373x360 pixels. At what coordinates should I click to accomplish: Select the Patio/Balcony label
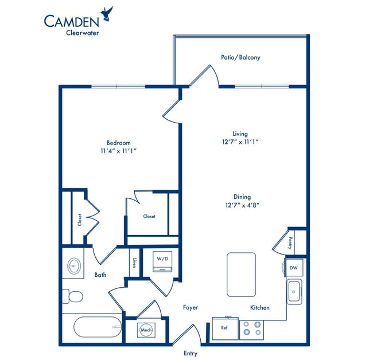(240, 57)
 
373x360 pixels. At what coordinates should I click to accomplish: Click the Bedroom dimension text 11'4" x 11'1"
(118, 151)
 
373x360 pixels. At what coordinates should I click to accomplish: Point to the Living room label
(240, 133)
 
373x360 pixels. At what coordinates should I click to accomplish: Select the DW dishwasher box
(293, 267)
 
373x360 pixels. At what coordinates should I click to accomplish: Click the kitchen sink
(294, 292)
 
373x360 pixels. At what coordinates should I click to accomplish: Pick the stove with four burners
(251, 328)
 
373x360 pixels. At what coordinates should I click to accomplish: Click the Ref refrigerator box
(225, 328)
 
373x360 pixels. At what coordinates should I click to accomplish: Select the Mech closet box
(145, 331)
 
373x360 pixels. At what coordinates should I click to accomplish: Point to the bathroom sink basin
(73, 265)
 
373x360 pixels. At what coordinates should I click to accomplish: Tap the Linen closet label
(134, 262)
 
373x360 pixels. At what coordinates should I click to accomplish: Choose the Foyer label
(191, 308)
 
